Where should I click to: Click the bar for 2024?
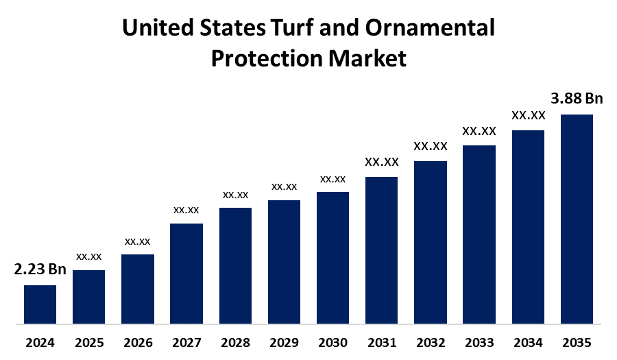pyautogui.click(x=40, y=304)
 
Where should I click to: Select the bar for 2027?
pyautogui.click(x=186, y=273)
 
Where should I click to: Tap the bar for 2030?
pyautogui.click(x=332, y=257)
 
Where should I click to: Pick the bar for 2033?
pyautogui.click(x=479, y=234)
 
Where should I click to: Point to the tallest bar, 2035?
pyautogui.click(x=577, y=218)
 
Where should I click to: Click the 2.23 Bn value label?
pyautogui.click(x=40, y=269)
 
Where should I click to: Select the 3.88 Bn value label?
pyautogui.click(x=577, y=98)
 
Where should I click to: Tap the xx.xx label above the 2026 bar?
pyautogui.click(x=137, y=241)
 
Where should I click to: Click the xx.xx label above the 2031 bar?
pyautogui.click(x=381, y=163)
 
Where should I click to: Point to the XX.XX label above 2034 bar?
pyautogui.click(x=528, y=115)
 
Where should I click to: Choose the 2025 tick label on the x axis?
pyautogui.click(x=89, y=342)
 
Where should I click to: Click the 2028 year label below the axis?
pyautogui.click(x=235, y=342)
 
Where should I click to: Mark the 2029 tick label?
pyautogui.click(x=284, y=342)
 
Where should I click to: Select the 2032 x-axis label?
pyautogui.click(x=430, y=342)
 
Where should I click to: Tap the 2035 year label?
pyautogui.click(x=577, y=342)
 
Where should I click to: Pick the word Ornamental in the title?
pyautogui.click(x=431, y=29)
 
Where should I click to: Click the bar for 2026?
pyautogui.click(x=138, y=289)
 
